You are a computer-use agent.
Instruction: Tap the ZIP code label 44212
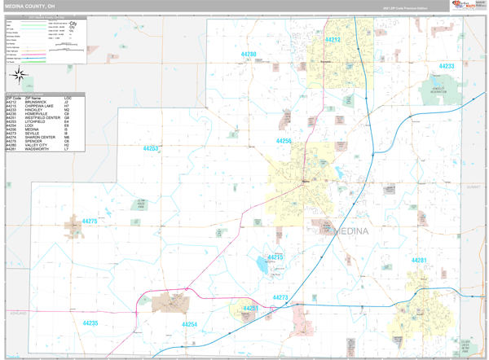tap(333, 40)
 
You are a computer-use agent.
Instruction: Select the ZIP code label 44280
tap(249, 55)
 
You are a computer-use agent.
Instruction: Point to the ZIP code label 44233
tap(447, 66)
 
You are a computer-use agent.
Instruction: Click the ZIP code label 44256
tap(283, 141)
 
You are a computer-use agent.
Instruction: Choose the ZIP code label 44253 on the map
tap(151, 149)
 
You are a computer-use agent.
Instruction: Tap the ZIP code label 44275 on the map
tap(89, 222)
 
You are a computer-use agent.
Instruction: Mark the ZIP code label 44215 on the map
tap(275, 257)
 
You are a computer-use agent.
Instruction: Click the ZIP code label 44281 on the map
tap(419, 261)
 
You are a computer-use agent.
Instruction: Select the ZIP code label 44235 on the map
tap(90, 323)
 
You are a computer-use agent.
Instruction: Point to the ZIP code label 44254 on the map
tap(189, 325)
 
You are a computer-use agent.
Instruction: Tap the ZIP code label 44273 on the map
tap(280, 298)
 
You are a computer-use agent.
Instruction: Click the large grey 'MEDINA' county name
tap(350, 231)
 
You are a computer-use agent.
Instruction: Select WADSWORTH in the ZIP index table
tap(37, 149)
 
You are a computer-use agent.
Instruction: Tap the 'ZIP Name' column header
tap(33, 98)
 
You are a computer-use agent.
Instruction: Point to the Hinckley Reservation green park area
tap(439, 92)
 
